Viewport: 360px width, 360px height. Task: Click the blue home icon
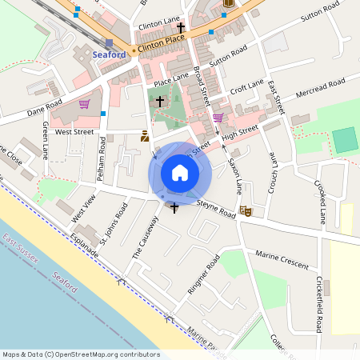(x=179, y=173)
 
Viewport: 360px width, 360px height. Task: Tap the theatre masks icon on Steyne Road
(x=246, y=210)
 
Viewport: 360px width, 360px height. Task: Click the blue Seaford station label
(x=109, y=54)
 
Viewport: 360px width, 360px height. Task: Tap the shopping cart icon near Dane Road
(x=84, y=104)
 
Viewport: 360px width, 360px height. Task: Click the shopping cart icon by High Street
(x=218, y=118)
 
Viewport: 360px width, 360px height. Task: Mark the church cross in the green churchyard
(x=160, y=102)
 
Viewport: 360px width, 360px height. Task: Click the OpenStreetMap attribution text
(x=81, y=354)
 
